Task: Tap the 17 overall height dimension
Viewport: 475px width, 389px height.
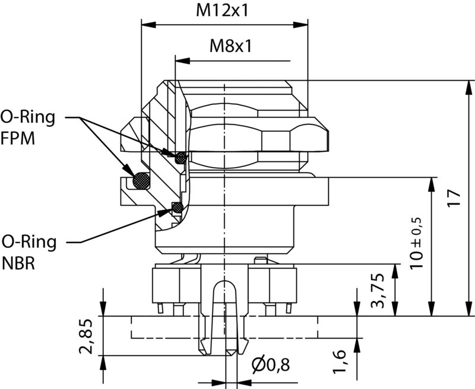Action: point(454,197)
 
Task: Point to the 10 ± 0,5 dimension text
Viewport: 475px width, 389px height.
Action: point(417,240)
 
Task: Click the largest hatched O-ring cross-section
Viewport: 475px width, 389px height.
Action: point(141,179)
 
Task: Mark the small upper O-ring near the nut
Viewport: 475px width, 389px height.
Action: point(180,157)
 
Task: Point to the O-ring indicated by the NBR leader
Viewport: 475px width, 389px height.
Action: point(176,207)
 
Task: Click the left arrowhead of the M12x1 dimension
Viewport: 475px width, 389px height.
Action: point(144,25)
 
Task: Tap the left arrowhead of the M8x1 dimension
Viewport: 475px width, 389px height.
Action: point(179,60)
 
